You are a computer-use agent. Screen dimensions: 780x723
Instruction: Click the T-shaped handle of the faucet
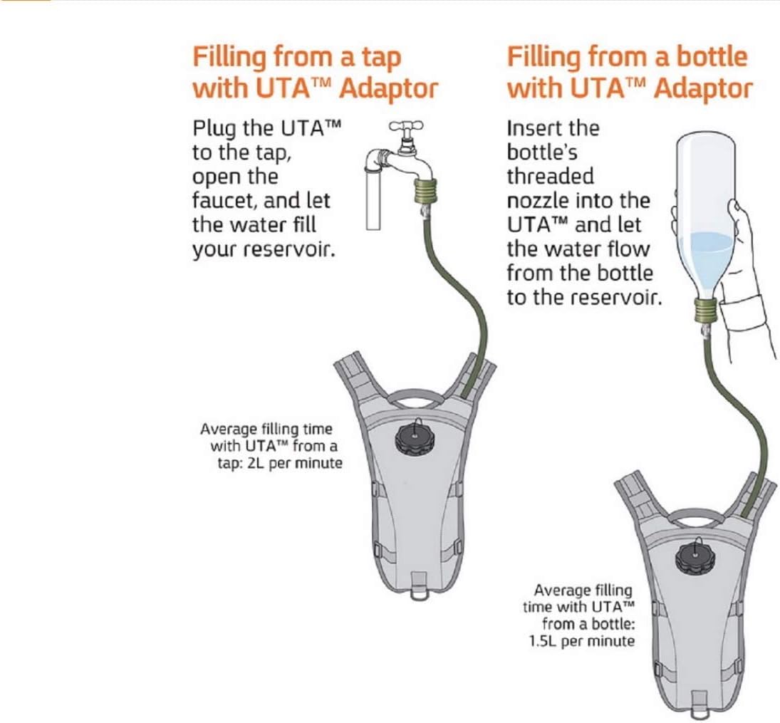pyautogui.click(x=406, y=125)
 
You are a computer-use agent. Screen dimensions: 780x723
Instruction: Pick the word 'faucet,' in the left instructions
pyautogui.click(x=224, y=201)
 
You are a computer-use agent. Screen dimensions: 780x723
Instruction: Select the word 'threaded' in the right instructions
pyautogui.click(x=551, y=177)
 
